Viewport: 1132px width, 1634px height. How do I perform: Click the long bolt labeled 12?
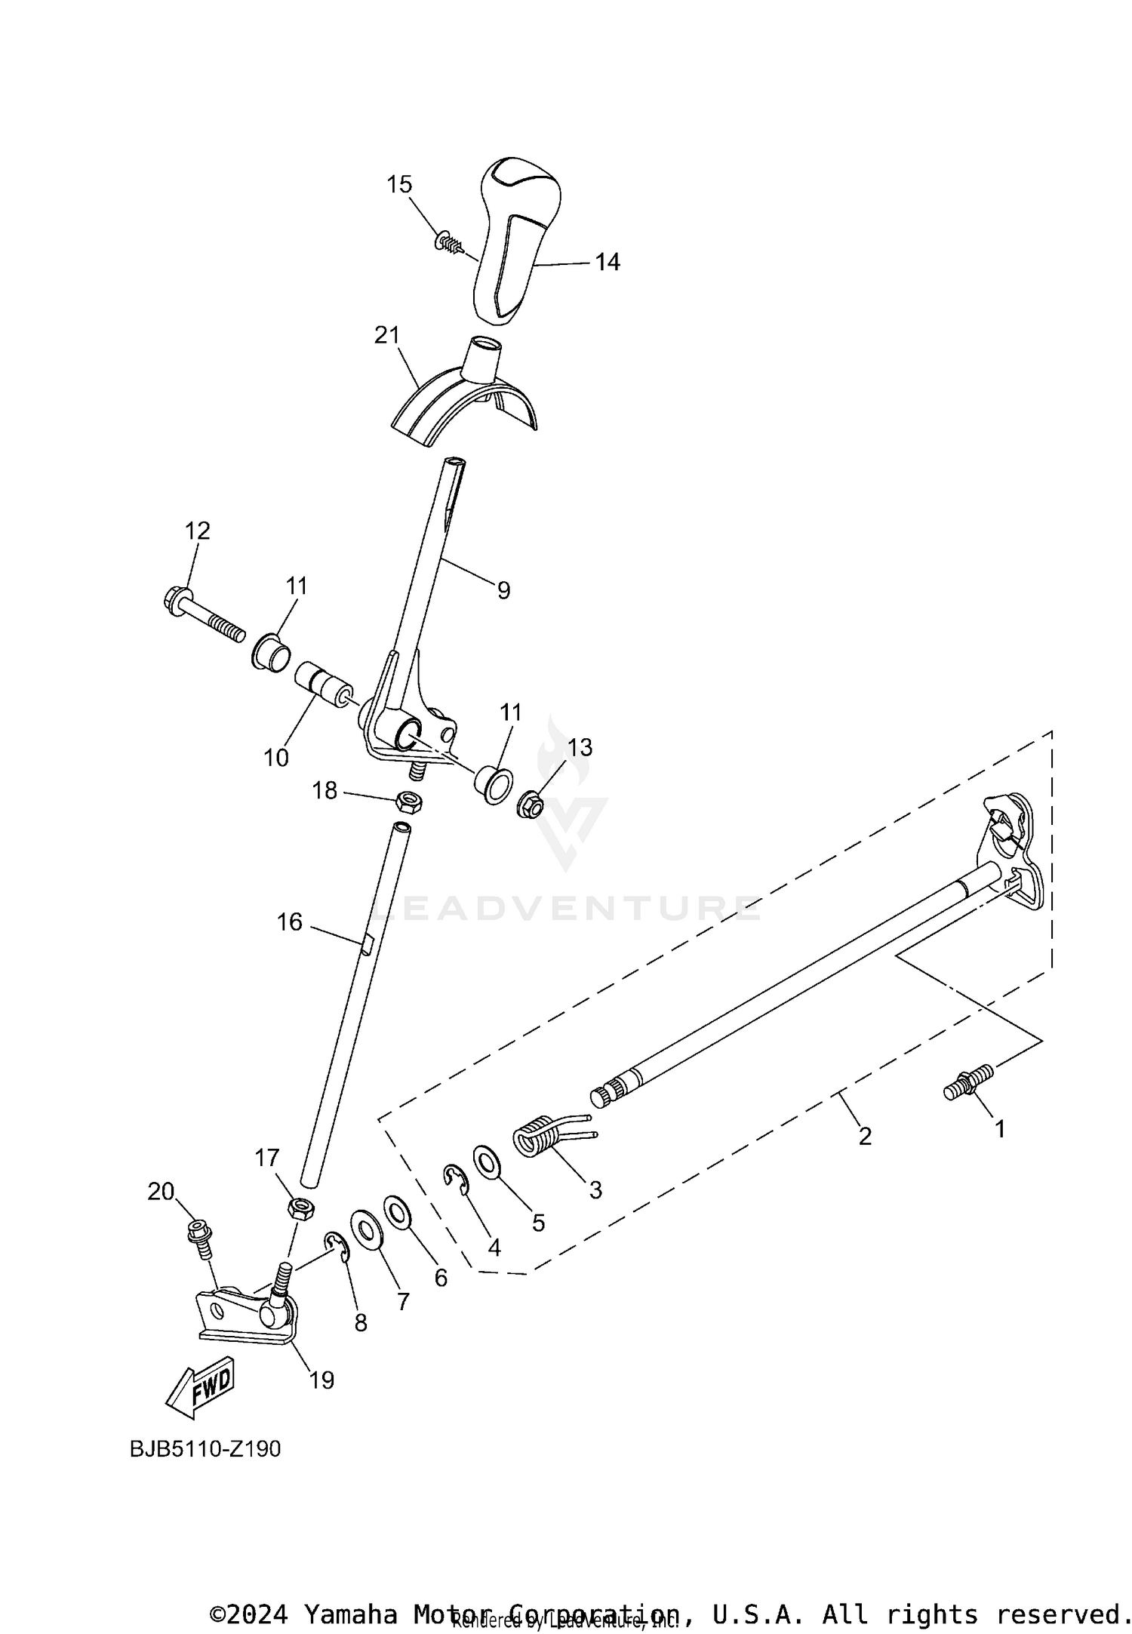coord(203,616)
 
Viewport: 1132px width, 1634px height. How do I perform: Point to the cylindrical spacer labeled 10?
coord(323,682)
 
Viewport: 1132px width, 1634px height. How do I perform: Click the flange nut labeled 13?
coord(530,806)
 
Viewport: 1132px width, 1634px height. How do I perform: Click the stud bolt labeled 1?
coord(968,1082)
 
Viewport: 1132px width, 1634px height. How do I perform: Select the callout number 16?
coord(290,922)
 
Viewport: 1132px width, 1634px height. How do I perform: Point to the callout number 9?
coord(503,589)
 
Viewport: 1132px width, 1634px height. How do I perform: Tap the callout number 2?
coord(865,1135)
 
